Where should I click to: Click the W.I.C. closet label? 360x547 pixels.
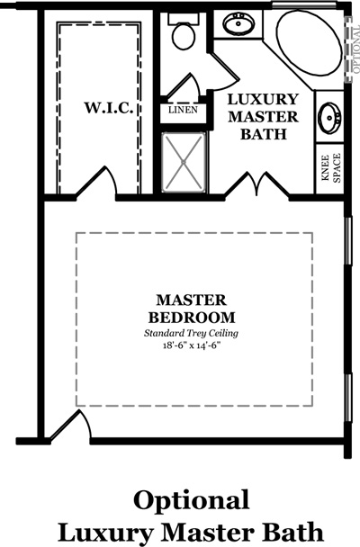click(x=109, y=108)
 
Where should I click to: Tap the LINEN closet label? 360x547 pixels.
click(x=183, y=110)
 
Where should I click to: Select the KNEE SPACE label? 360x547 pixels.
click(x=331, y=168)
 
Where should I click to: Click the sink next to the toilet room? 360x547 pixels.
click(x=238, y=23)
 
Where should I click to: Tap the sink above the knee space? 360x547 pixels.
click(x=329, y=118)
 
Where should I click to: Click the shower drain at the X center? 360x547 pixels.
click(x=184, y=162)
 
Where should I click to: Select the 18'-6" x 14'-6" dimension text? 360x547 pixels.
click(x=193, y=345)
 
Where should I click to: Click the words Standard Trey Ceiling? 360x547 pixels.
click(x=191, y=333)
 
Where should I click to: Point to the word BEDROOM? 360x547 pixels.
click(x=192, y=318)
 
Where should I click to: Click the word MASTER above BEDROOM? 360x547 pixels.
click(x=191, y=300)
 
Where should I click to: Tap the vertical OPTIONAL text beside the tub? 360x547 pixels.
click(x=356, y=49)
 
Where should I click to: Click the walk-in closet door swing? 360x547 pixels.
click(x=96, y=183)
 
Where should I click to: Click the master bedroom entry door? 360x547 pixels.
click(x=70, y=425)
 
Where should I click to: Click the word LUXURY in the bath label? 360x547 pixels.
click(x=263, y=100)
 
